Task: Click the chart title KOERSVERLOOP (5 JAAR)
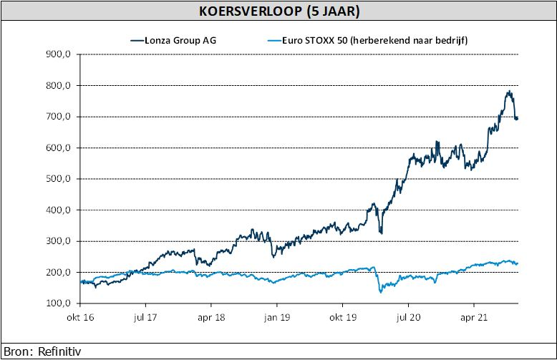click(278, 11)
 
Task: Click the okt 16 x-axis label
click(80, 317)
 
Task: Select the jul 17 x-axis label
click(145, 317)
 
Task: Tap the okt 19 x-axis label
click(342, 317)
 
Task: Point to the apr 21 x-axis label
click(472, 317)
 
